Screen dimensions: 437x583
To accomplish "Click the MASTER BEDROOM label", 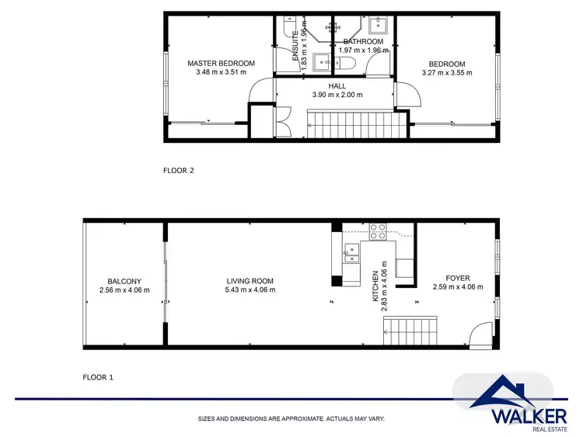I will pos(221,63).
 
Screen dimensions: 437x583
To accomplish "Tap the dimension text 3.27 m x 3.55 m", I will pos(446,73).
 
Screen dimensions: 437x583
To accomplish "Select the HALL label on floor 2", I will pos(337,85).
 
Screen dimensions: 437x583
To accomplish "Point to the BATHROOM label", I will pos(363,41).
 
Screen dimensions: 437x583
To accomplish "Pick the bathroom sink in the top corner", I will pos(383,23).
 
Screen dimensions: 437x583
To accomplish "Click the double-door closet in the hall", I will pos(282,121).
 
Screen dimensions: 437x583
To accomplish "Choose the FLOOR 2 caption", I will pos(179,171).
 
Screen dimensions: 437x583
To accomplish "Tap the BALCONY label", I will pos(124,281).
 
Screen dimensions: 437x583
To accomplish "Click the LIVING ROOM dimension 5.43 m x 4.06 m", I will pos(250,290).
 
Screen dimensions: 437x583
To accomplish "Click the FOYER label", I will pos(457,278).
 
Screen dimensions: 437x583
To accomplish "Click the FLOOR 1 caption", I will pos(98,377).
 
